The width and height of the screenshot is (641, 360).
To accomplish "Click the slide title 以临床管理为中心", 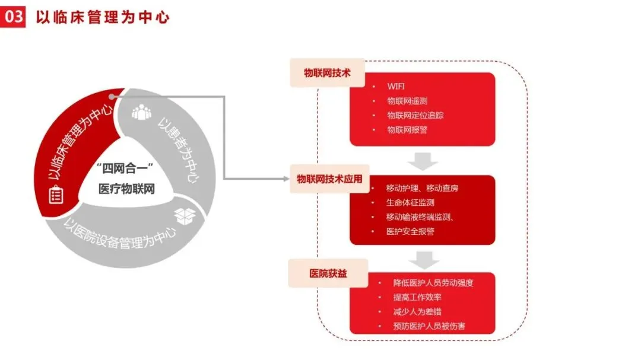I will (103, 17).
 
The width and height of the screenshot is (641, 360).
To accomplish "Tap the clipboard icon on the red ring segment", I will (56, 195).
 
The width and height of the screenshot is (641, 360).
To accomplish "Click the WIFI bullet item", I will (396, 87).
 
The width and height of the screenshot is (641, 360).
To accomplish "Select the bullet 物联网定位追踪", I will (415, 115).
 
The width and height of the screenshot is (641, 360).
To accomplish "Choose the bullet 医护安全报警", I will (410, 231).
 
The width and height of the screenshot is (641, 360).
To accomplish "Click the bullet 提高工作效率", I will (417, 297).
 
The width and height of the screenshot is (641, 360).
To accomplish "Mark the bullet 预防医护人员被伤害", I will (429, 326).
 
